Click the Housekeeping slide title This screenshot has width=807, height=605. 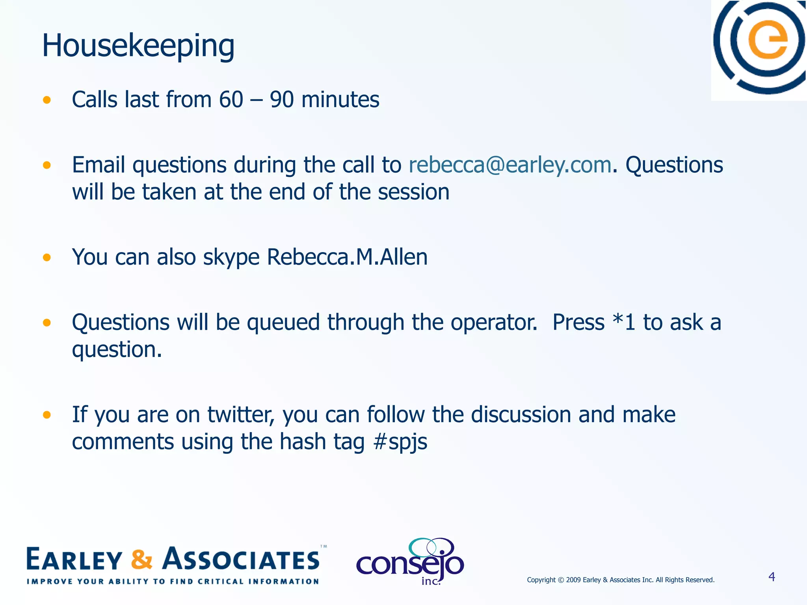coord(138,46)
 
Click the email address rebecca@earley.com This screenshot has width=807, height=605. coord(510,165)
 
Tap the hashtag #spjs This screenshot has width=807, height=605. coord(400,442)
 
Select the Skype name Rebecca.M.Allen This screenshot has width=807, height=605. coord(347,257)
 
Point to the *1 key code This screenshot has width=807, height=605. coord(624,322)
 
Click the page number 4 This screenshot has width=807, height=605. coord(772,577)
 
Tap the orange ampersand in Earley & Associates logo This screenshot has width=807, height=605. coord(141,559)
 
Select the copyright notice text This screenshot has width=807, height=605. coord(621,580)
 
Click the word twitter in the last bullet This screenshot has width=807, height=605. coord(240,415)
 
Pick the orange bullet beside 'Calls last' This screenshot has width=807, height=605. coord(47,100)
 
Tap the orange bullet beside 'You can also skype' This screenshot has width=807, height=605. coord(47,258)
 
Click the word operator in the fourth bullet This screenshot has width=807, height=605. coord(494,323)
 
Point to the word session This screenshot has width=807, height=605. coord(413,192)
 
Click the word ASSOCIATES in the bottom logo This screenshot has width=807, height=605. coord(242,559)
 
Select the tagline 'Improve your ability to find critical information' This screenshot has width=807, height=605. coord(173,581)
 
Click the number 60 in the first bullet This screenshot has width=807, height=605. coord(231,99)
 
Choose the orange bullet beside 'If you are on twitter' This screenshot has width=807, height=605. coord(47,415)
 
